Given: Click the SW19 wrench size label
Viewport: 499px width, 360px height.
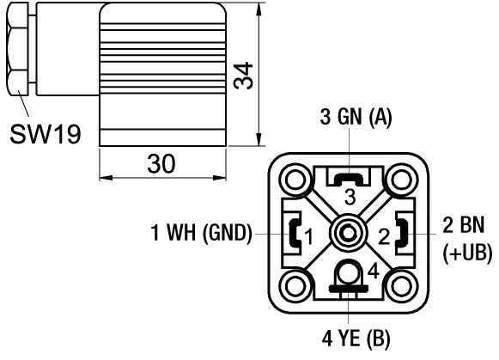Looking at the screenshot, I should [x=44, y=136].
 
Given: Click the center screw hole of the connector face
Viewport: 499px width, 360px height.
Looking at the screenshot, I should [x=348, y=233].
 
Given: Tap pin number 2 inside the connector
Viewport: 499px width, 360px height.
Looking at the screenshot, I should [x=386, y=234].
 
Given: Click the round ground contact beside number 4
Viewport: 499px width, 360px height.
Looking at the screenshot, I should [x=348, y=274].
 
